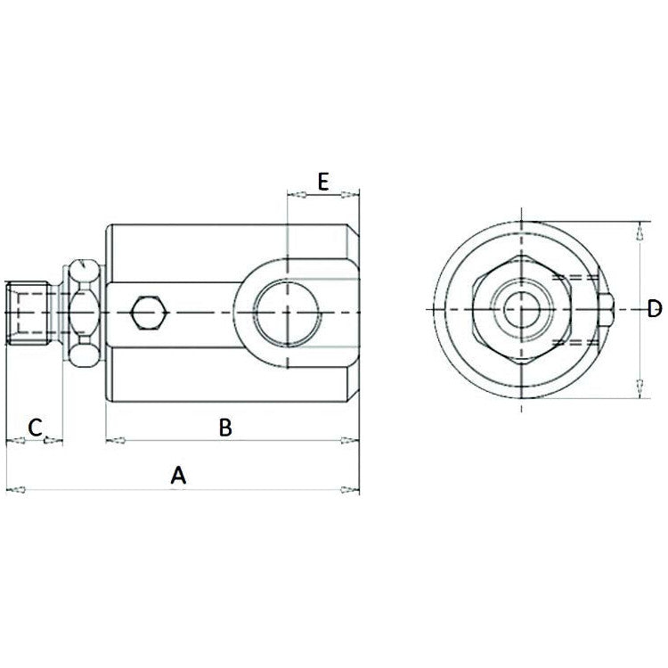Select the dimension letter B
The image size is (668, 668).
225,428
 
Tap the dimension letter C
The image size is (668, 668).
34,427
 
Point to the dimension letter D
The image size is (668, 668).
654,309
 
